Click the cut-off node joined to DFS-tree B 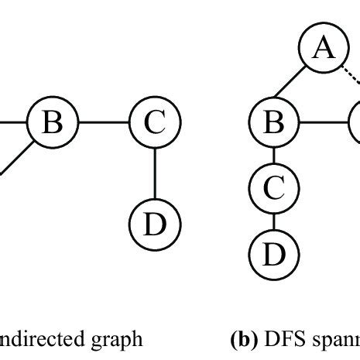coord(355,122)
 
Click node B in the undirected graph coord(51,122)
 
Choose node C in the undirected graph coord(155,122)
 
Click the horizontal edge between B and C coord(103,122)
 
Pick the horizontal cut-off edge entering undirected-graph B coord(12,122)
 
